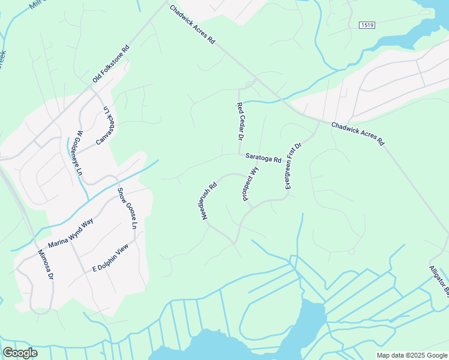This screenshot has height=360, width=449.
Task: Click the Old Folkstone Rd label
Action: point(112,65)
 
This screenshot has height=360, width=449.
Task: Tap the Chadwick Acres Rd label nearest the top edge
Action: point(192,25)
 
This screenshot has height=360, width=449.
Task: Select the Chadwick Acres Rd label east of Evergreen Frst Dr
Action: point(357,134)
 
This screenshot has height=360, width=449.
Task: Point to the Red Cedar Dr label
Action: point(239,122)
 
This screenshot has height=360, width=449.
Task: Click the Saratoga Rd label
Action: point(263,158)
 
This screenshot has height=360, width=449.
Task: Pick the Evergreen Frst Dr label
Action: point(293,166)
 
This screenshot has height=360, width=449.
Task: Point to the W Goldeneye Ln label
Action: point(79,152)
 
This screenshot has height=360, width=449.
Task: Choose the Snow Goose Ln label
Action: point(127,208)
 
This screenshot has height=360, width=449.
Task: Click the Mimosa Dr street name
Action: point(46,265)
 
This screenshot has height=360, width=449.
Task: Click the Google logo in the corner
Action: point(20,353)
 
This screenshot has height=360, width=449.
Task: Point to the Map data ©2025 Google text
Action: point(411,355)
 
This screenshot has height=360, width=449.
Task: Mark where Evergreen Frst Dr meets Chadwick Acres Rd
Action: point(318,121)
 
